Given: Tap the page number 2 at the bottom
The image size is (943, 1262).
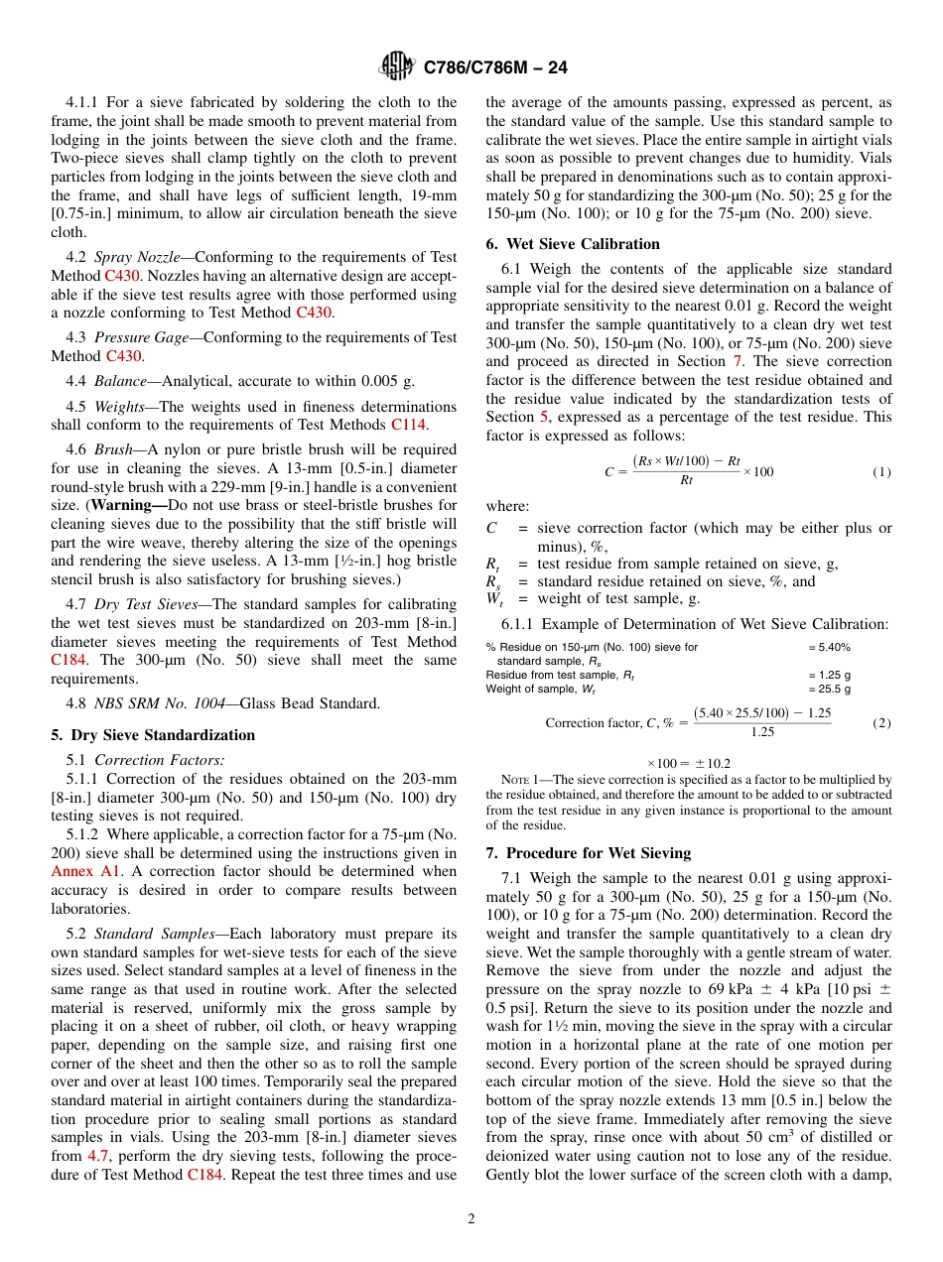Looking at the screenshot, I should (x=471, y=1219).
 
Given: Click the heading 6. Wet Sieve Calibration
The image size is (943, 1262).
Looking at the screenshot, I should (x=573, y=244).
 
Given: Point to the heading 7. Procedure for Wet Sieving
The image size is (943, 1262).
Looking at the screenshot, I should (x=589, y=853).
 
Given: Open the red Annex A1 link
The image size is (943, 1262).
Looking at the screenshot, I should (x=85, y=871).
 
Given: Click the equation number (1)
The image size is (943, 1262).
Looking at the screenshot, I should (x=881, y=472).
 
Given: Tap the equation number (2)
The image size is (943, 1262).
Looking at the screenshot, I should (x=881, y=723).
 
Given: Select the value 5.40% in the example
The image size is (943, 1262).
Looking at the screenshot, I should (x=829, y=647).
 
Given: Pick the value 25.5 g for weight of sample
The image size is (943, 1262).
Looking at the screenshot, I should (x=829, y=689).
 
